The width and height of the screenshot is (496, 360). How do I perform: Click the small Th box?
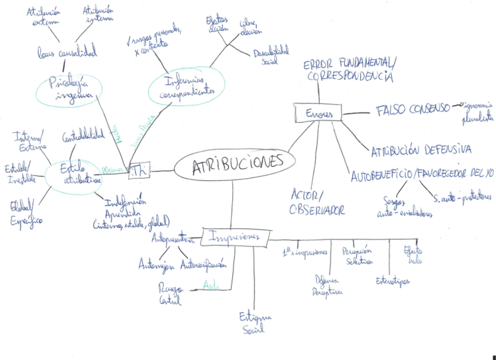138,170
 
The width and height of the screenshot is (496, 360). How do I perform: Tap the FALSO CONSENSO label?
412,109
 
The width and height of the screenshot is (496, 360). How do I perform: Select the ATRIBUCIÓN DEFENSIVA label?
421,151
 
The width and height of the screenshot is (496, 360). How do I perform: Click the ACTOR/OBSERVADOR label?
316,202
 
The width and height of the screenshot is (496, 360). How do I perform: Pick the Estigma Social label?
255,323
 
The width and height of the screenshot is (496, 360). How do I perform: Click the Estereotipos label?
392,280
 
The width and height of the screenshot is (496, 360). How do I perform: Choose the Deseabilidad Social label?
271,56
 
